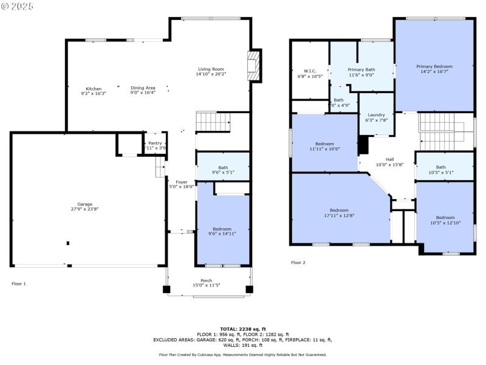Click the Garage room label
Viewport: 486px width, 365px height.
click(x=84, y=204)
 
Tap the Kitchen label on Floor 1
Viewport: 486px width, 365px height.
click(x=94, y=89)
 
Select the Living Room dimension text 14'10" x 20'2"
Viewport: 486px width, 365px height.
click(x=211, y=74)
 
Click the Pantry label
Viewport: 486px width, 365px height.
click(x=156, y=144)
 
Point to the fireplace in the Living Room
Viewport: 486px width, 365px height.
click(x=253, y=65)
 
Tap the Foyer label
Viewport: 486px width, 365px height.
click(x=181, y=182)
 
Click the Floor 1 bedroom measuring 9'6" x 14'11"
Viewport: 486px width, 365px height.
click(x=222, y=229)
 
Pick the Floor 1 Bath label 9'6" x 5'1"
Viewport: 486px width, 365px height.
click(x=222, y=168)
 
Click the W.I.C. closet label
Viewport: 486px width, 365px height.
click(x=310, y=71)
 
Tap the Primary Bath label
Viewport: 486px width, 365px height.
click(x=361, y=69)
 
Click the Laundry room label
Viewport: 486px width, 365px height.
click(x=377, y=115)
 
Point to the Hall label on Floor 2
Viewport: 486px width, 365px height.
click(x=389, y=159)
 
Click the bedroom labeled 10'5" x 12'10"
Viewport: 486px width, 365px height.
click(x=445, y=218)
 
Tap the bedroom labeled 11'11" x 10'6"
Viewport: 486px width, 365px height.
click(x=324, y=144)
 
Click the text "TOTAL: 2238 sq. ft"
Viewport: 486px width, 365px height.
click(x=242, y=328)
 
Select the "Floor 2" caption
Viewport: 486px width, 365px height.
click(x=298, y=263)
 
